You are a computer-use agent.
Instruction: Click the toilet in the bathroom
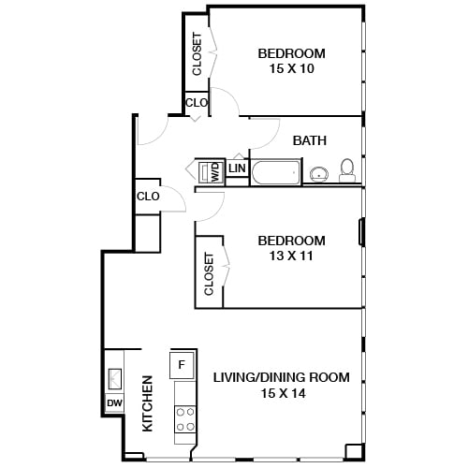[x=347, y=169]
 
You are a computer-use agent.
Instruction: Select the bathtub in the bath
[x=276, y=172]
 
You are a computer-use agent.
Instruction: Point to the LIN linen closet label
[x=238, y=168]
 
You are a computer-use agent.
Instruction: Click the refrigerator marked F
[x=183, y=363]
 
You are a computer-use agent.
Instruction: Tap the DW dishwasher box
[x=114, y=403]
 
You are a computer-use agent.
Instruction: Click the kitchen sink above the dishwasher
[x=114, y=376]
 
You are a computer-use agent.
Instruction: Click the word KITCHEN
[x=147, y=403]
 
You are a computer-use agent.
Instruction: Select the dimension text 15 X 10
[x=292, y=68]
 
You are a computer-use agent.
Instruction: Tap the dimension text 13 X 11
[x=292, y=256]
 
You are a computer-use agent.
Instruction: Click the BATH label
[x=310, y=141]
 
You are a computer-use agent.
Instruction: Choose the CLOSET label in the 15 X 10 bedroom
[x=197, y=54]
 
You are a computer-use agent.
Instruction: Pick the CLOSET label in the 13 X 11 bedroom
[x=209, y=273]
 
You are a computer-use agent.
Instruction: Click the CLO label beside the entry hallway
[x=148, y=197]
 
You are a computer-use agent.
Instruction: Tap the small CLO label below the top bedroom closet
[x=197, y=103]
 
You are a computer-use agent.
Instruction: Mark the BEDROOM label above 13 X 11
[x=292, y=241]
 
